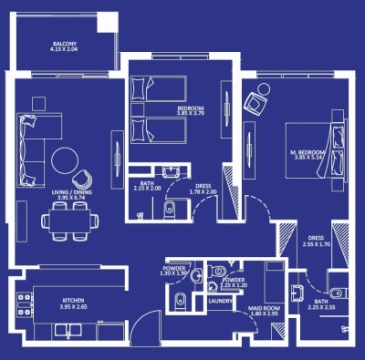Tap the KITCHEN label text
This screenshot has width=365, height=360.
[x=73, y=300]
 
